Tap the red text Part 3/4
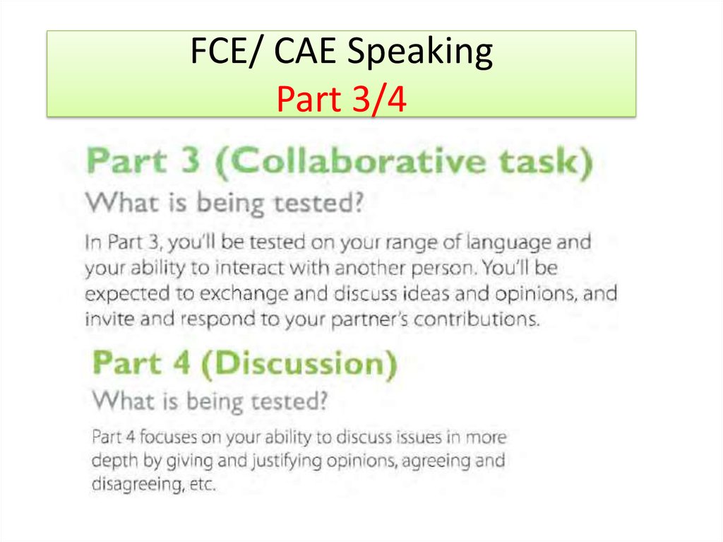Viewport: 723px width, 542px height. pyautogui.click(x=342, y=100)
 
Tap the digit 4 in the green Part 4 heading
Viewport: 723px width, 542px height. pyautogui.click(x=182, y=364)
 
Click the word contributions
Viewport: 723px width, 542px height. pyautogui.click(x=477, y=319)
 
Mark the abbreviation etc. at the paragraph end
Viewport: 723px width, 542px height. pyautogui.click(x=198, y=485)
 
